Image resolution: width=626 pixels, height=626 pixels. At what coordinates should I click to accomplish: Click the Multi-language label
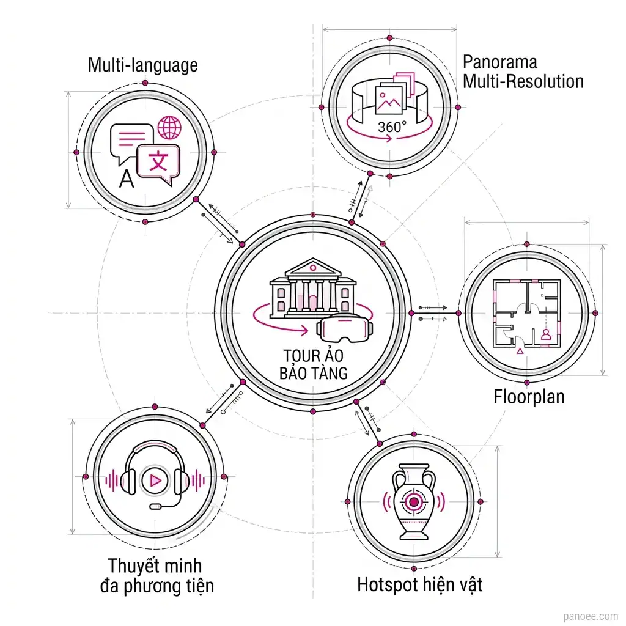[x=142, y=65]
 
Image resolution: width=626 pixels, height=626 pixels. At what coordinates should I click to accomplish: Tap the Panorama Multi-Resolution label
[x=523, y=72]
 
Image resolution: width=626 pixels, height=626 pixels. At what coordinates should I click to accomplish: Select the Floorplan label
[x=529, y=397]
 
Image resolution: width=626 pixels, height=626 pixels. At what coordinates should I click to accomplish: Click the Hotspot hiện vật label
[x=419, y=585]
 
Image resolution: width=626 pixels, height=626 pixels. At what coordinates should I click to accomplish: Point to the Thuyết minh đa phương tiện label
[x=157, y=576]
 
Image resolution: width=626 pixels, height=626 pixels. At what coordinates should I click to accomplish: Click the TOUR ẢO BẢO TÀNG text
[x=314, y=364]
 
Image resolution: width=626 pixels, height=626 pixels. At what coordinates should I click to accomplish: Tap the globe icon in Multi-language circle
[x=169, y=128]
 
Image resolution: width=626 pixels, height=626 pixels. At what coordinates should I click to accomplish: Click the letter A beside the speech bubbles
[x=127, y=179]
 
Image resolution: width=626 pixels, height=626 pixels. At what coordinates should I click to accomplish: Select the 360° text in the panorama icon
[x=392, y=127]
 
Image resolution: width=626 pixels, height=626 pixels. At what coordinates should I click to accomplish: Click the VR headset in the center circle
[x=345, y=328]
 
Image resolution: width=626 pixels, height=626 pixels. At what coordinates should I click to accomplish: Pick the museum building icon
[x=313, y=289]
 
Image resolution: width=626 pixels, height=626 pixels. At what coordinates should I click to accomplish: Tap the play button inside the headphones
[x=155, y=481]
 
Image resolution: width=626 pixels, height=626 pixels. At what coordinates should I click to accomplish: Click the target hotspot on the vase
[x=414, y=501]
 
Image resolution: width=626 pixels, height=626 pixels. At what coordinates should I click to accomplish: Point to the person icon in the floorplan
[x=546, y=334]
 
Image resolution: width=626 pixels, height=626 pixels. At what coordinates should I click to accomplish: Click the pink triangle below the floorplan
[x=520, y=351]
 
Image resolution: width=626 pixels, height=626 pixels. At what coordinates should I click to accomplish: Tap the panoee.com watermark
[x=591, y=616]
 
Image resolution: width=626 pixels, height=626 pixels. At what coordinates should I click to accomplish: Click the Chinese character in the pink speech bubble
[x=158, y=161]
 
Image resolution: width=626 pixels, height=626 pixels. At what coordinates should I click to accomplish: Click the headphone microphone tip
[x=155, y=507]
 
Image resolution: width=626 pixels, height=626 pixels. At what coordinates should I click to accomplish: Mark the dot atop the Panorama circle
[x=389, y=39]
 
